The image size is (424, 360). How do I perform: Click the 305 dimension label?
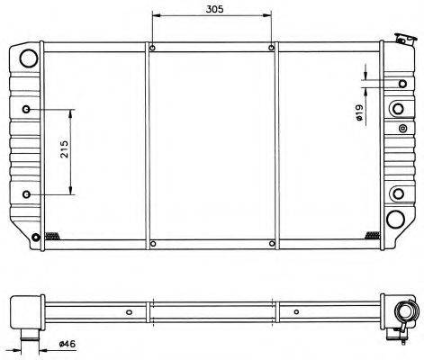tap(214, 9)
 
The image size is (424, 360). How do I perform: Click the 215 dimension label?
tap(65, 149)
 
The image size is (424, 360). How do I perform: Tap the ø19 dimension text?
tap(359, 112)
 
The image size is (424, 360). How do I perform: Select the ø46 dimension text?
tap(68, 344)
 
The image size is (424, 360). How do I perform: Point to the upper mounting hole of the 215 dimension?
tap(27, 109)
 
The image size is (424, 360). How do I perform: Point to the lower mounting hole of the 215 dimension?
tap(27, 194)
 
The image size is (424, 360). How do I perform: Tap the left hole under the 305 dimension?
tap(152, 48)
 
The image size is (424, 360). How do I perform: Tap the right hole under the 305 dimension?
tap(271, 48)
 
